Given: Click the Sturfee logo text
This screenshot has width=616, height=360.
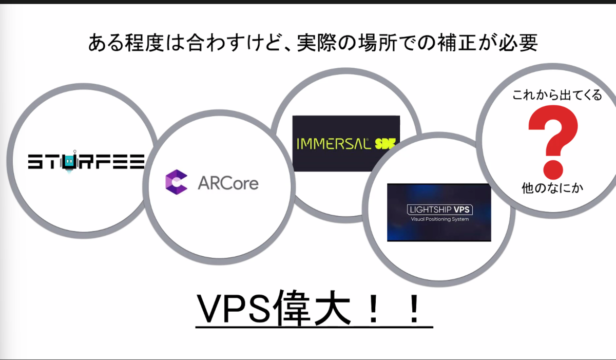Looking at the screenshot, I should pyautogui.click(x=86, y=162).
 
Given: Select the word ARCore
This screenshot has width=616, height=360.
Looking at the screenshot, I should pyautogui.click(x=228, y=183).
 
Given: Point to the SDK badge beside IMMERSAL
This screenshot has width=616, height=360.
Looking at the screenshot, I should pyautogui.click(x=386, y=142).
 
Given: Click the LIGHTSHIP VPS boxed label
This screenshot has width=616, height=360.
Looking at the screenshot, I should pyautogui.click(x=439, y=210).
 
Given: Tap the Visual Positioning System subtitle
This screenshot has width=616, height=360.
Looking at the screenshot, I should pyautogui.click(x=439, y=220).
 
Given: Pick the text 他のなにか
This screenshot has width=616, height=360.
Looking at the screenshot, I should pyautogui.click(x=552, y=188).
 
